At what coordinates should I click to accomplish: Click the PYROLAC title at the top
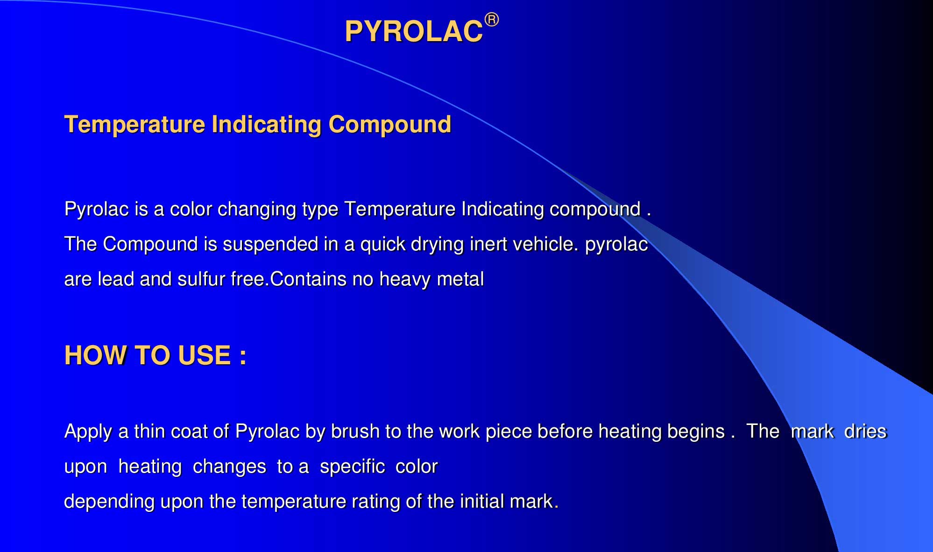(414, 32)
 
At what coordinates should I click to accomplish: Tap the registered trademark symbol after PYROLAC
(492, 20)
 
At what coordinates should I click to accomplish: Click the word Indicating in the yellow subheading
(267, 125)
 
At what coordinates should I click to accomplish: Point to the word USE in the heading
(205, 355)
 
